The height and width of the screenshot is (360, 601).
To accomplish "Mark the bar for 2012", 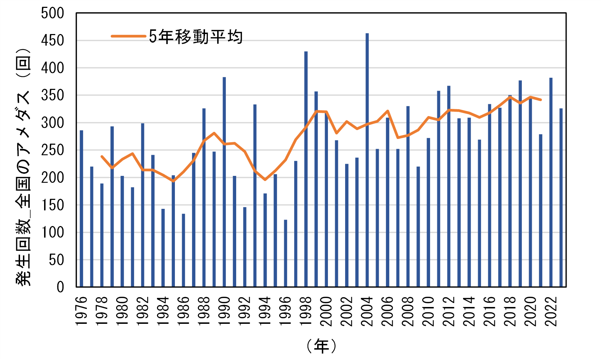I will [x=449, y=186].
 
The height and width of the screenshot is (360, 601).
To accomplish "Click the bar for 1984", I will [x=163, y=248].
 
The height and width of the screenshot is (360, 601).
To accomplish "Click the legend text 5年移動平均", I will [x=196, y=37].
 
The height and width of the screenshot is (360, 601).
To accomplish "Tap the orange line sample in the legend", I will [x=128, y=36].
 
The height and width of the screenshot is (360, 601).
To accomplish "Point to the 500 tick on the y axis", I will [x=52, y=13].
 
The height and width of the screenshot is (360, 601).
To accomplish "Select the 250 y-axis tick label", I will [x=52, y=150].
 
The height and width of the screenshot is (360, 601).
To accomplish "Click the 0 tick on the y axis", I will [x=60, y=287].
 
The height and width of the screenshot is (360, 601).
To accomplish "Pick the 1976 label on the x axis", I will [x=82, y=311].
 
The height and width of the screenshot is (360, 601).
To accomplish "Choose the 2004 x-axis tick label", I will [x=367, y=311].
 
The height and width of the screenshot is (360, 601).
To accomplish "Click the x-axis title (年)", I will [x=321, y=346].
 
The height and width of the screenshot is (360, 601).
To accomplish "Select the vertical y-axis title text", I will [x=23, y=167].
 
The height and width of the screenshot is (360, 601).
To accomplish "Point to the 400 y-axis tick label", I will [x=52, y=68].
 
